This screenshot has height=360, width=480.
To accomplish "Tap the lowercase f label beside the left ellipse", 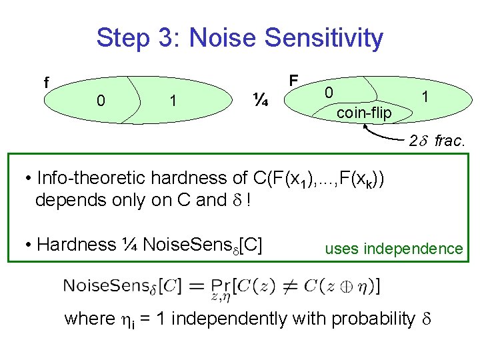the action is point(46,83).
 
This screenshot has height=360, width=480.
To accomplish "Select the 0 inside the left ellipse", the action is point(100,101).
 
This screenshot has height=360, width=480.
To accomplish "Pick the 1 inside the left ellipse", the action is point(173,101).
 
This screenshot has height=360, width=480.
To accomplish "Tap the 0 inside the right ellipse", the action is point(329,93).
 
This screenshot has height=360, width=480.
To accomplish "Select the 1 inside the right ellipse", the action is point(424,97).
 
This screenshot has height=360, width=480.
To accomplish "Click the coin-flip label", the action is point(364,113).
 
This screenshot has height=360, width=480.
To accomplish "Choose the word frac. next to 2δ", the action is point(451,141).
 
